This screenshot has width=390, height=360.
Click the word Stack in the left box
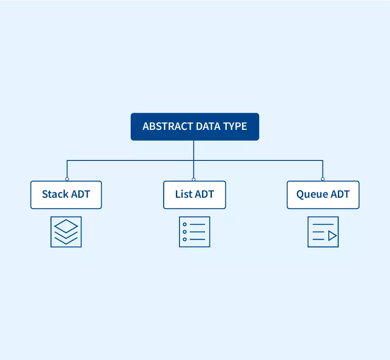[x=55, y=194]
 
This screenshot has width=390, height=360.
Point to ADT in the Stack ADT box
[x=81, y=194]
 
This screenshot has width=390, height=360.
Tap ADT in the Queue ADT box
[x=340, y=194]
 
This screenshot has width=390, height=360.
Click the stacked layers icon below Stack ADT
[x=66, y=232]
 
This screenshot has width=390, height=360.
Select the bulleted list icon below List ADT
[x=194, y=232]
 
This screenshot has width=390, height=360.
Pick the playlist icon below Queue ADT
[x=323, y=232]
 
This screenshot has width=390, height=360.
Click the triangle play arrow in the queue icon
[x=332, y=236]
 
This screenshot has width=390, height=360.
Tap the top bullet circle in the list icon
[x=184, y=224]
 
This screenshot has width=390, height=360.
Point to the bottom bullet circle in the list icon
[x=184, y=240]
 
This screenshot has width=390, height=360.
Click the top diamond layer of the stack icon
[x=66, y=226]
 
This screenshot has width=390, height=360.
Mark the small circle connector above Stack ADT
[x=67, y=179]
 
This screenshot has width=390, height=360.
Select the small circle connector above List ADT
[x=194, y=179]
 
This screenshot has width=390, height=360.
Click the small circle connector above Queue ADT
[x=323, y=179]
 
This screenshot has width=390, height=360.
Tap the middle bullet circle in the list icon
[x=184, y=232]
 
